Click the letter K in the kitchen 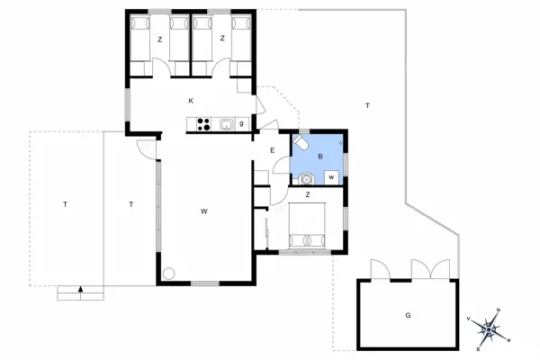tap(192, 101)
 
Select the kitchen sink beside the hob tap(227, 125)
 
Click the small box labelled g tap(242, 123)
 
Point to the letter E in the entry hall tap(272, 149)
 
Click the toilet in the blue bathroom tap(303, 144)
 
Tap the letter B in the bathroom tap(319, 155)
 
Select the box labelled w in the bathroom tap(332, 177)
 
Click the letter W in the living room tap(204, 211)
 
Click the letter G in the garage tap(408, 315)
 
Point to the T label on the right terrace tap(367, 106)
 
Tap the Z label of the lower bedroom tap(308, 194)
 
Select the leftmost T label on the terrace tap(65, 205)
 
